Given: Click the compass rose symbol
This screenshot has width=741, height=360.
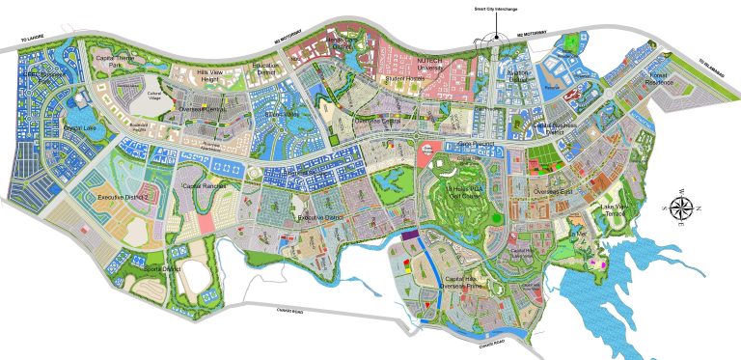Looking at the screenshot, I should [681, 210].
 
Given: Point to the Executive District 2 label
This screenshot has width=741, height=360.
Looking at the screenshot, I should [123, 198].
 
